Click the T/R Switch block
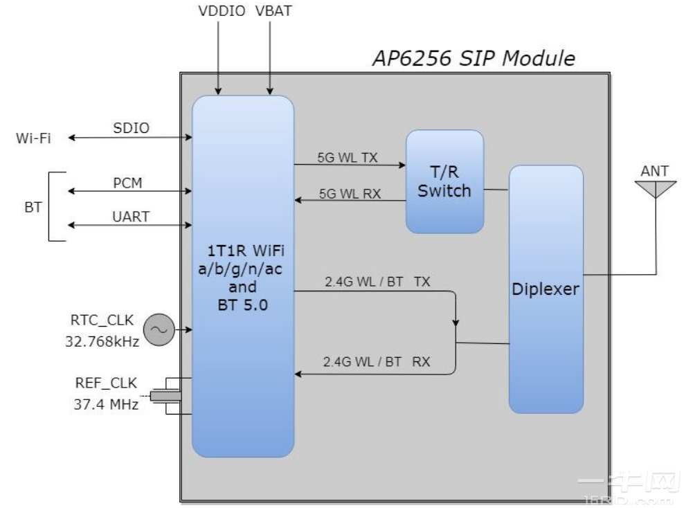click(444, 181)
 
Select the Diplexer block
click(546, 289)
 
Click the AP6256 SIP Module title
click(474, 58)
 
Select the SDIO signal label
click(131, 127)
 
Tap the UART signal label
click(131, 216)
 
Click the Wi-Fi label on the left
click(33, 138)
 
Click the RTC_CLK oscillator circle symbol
click(159, 330)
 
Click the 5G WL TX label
click(348, 157)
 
